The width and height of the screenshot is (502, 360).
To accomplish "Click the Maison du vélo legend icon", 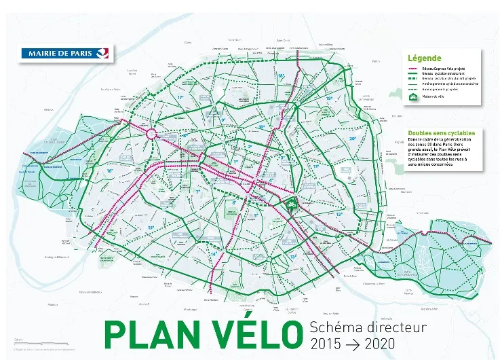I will click(x=412, y=97).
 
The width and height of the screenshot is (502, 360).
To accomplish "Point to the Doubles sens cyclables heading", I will click(x=441, y=133).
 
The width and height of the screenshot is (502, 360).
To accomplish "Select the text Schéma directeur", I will click(x=367, y=327).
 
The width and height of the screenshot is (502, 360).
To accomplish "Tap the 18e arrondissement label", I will click(x=281, y=76).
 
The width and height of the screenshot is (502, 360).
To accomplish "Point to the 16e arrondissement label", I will click(x=110, y=170).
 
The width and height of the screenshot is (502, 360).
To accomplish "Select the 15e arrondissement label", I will click(x=151, y=228).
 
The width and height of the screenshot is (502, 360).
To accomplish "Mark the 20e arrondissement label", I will click(x=352, y=139).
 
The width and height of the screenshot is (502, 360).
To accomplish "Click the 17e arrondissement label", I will click(x=180, y=98).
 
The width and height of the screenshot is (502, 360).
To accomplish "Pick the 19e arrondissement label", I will click(x=329, y=98).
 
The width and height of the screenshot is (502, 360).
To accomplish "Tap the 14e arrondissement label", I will click(x=213, y=253).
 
